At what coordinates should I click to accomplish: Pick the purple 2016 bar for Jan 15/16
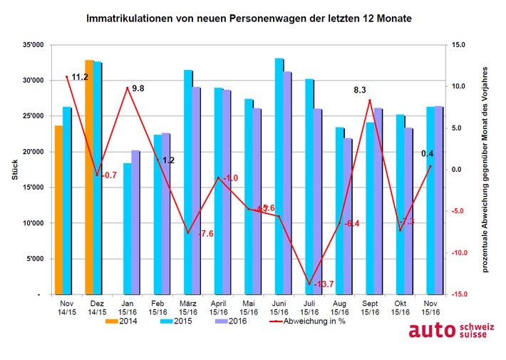click(135, 222)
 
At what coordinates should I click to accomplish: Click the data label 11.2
click(79, 77)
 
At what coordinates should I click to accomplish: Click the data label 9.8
click(137, 88)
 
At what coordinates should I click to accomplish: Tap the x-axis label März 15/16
click(187, 307)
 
